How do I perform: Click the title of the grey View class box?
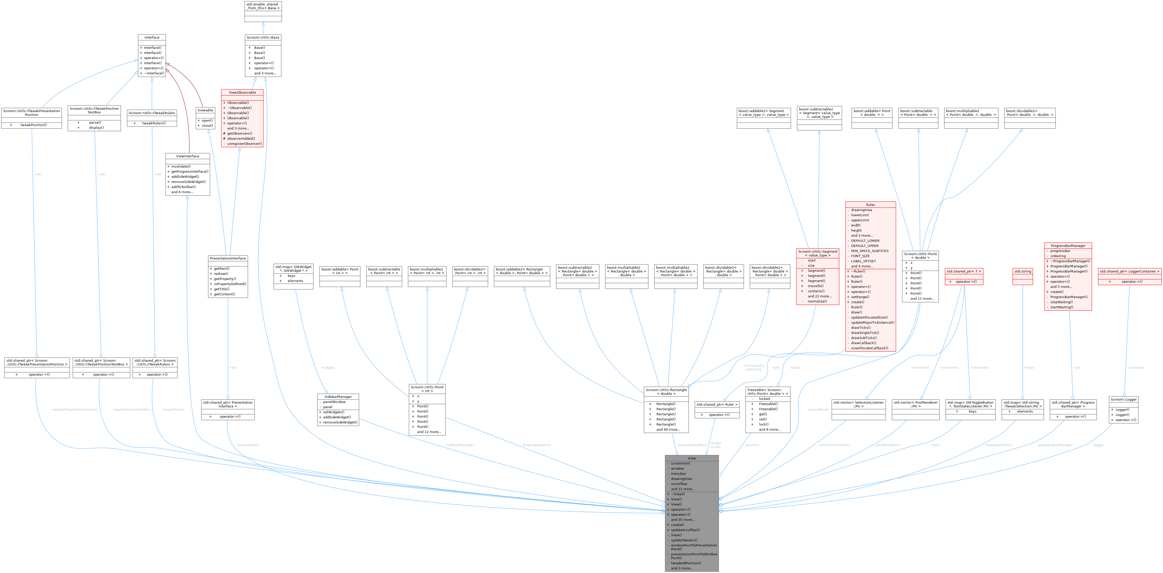[x=692, y=458]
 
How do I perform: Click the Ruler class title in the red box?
[x=870, y=204]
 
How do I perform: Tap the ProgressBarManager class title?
[x=1068, y=246]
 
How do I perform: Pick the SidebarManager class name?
[x=338, y=396]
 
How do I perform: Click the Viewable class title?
[x=205, y=110]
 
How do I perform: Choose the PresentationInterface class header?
[x=228, y=258]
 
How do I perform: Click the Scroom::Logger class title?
[x=1123, y=399]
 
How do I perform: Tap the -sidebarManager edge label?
[x=459, y=445]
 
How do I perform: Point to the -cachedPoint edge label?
[x=817, y=409]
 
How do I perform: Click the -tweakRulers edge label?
[x=173, y=409]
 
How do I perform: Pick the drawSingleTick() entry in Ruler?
[x=864, y=333]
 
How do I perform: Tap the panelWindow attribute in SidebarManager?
[x=334, y=402]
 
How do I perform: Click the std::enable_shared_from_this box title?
[x=263, y=6]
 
